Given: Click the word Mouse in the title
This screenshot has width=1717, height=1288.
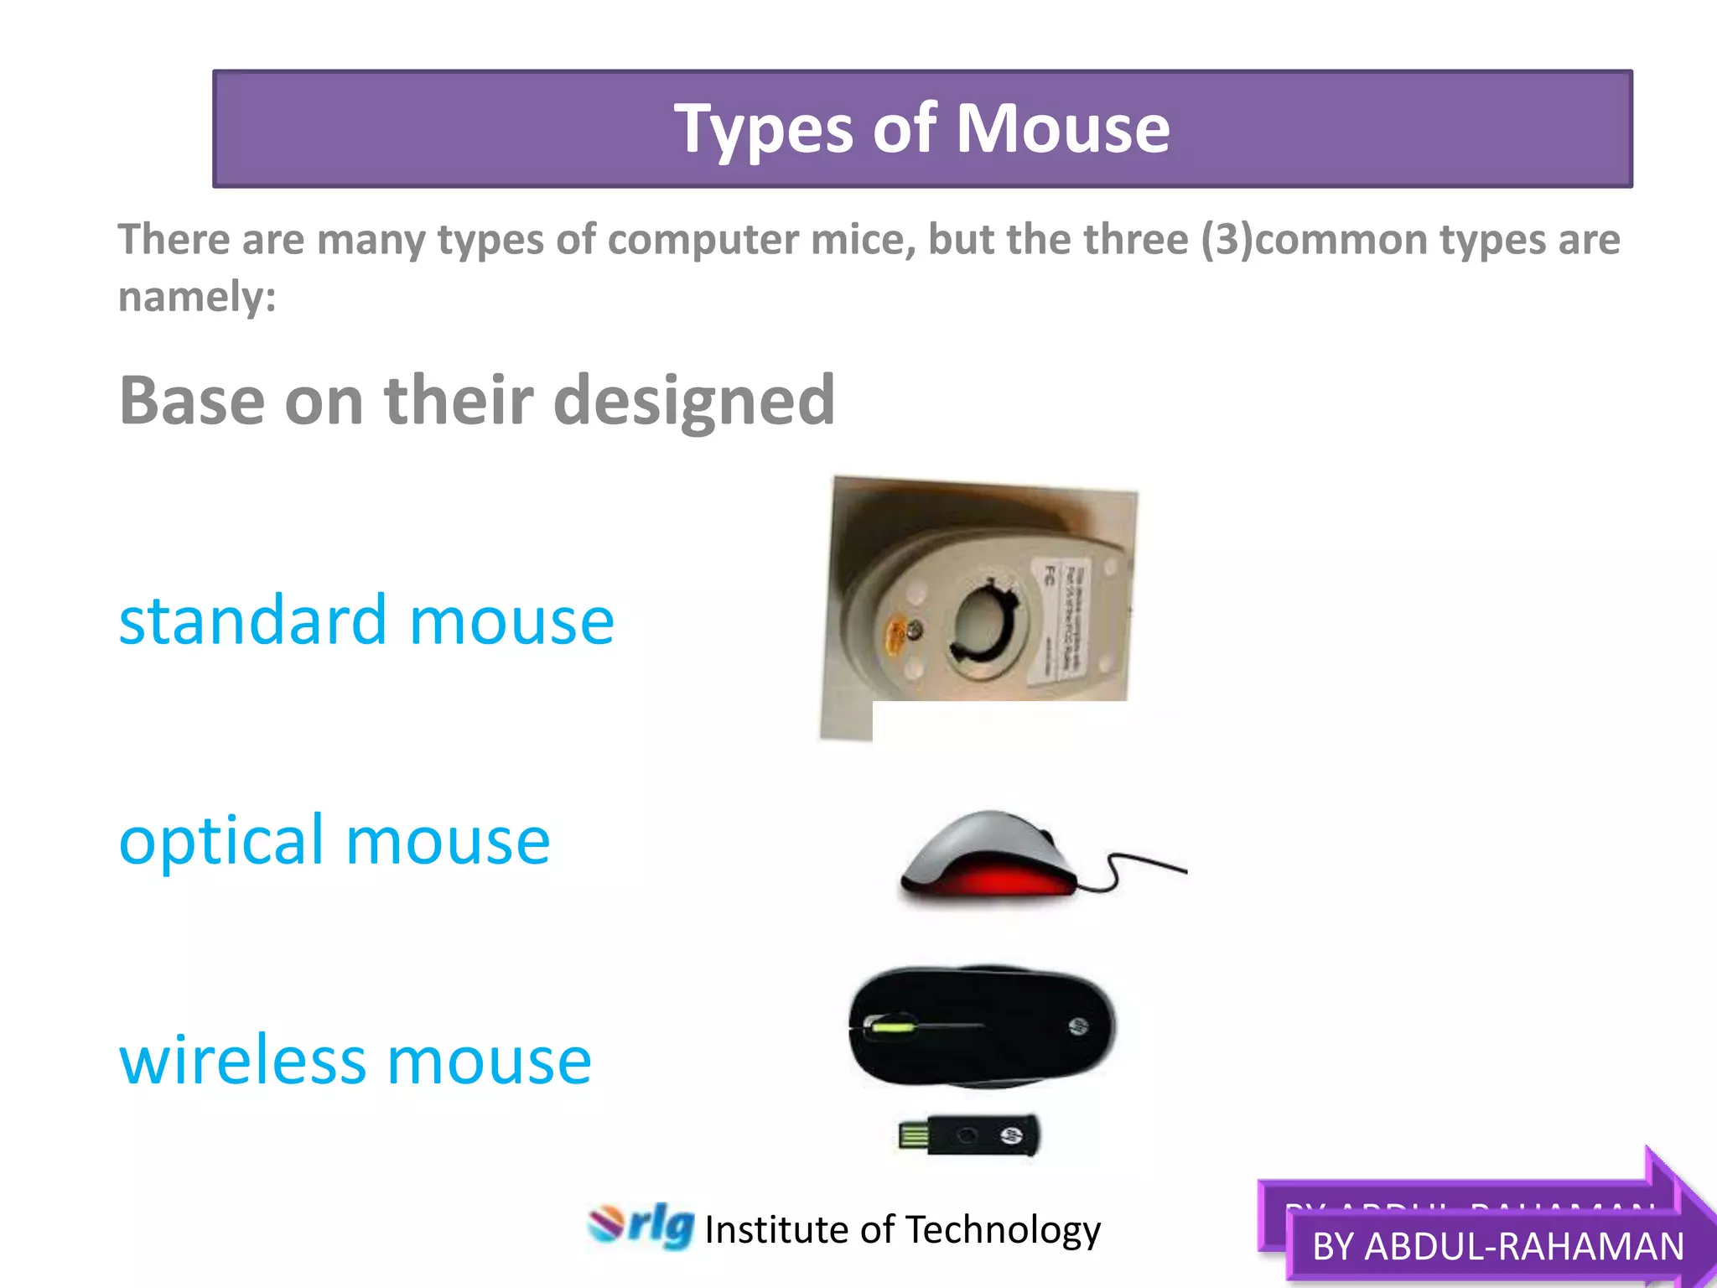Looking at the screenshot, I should [1062, 129].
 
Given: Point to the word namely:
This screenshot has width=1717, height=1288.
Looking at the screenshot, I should [197, 297].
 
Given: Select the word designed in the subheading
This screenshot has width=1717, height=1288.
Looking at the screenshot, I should [693, 401].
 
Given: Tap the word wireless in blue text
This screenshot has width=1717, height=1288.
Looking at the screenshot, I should [243, 1060].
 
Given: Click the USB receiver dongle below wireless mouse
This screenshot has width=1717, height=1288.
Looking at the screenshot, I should [968, 1137].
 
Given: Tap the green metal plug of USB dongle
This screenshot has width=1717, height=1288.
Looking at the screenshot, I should [913, 1137].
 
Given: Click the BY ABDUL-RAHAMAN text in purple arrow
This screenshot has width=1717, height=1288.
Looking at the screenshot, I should [1497, 1246].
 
